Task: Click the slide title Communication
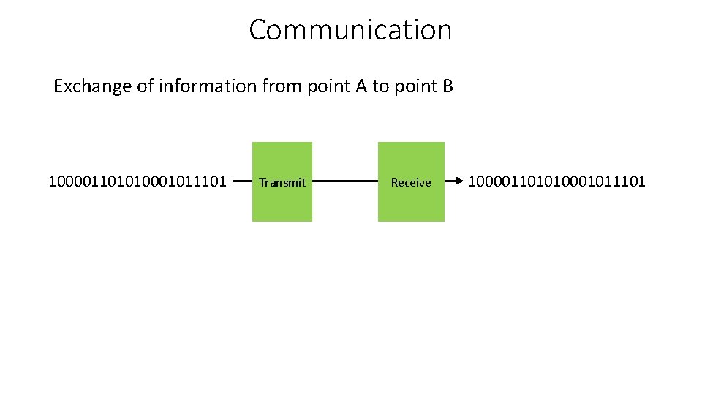350,30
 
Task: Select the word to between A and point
380,86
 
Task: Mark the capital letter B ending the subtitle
448,86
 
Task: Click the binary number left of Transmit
137,181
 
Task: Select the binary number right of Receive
556,181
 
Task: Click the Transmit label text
282,182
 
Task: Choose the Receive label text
411,182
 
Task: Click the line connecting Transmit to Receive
344,181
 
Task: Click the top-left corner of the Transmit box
253,143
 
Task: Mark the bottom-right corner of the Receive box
443,220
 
